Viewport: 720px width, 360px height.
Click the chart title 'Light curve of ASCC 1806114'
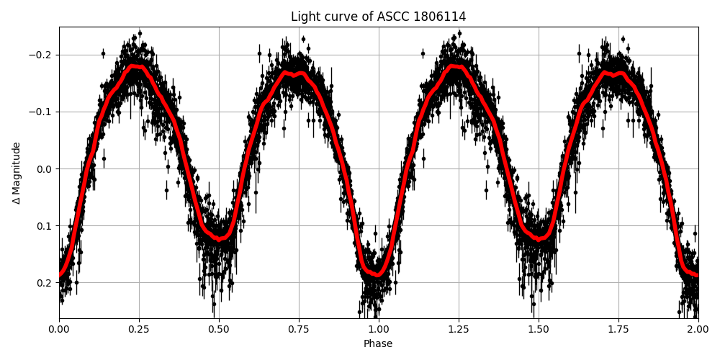(x=378, y=17)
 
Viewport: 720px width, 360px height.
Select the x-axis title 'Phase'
(x=378, y=344)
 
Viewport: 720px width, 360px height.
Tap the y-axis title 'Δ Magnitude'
(x=17, y=173)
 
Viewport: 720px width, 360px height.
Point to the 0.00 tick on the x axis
(x=59, y=329)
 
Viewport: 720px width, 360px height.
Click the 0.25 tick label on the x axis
(x=139, y=329)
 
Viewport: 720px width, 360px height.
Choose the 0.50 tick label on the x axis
(x=219, y=329)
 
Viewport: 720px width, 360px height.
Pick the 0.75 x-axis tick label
(x=299, y=329)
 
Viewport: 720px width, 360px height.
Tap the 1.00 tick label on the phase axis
(x=379, y=329)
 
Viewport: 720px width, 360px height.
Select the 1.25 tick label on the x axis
(x=459, y=329)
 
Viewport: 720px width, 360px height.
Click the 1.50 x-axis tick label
(x=539, y=329)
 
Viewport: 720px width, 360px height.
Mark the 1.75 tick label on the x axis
(x=618, y=329)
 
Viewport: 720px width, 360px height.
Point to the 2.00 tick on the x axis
(x=698, y=329)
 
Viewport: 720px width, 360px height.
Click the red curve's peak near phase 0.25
(x=137, y=66)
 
